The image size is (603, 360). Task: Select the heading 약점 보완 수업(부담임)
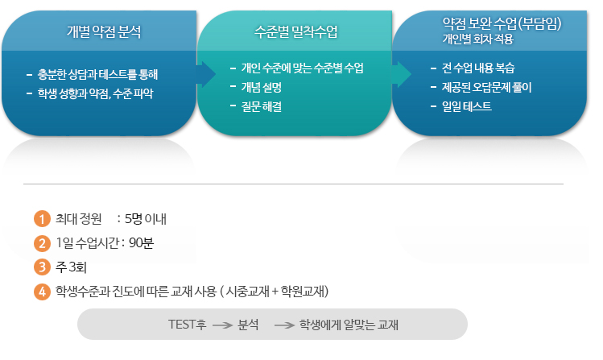click(490, 23)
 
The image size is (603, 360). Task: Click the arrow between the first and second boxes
click(207, 74)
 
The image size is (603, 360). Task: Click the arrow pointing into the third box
click(401, 74)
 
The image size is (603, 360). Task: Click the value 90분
click(141, 242)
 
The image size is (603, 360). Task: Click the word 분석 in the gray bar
click(248, 325)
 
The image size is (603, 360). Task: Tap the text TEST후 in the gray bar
click(187, 325)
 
